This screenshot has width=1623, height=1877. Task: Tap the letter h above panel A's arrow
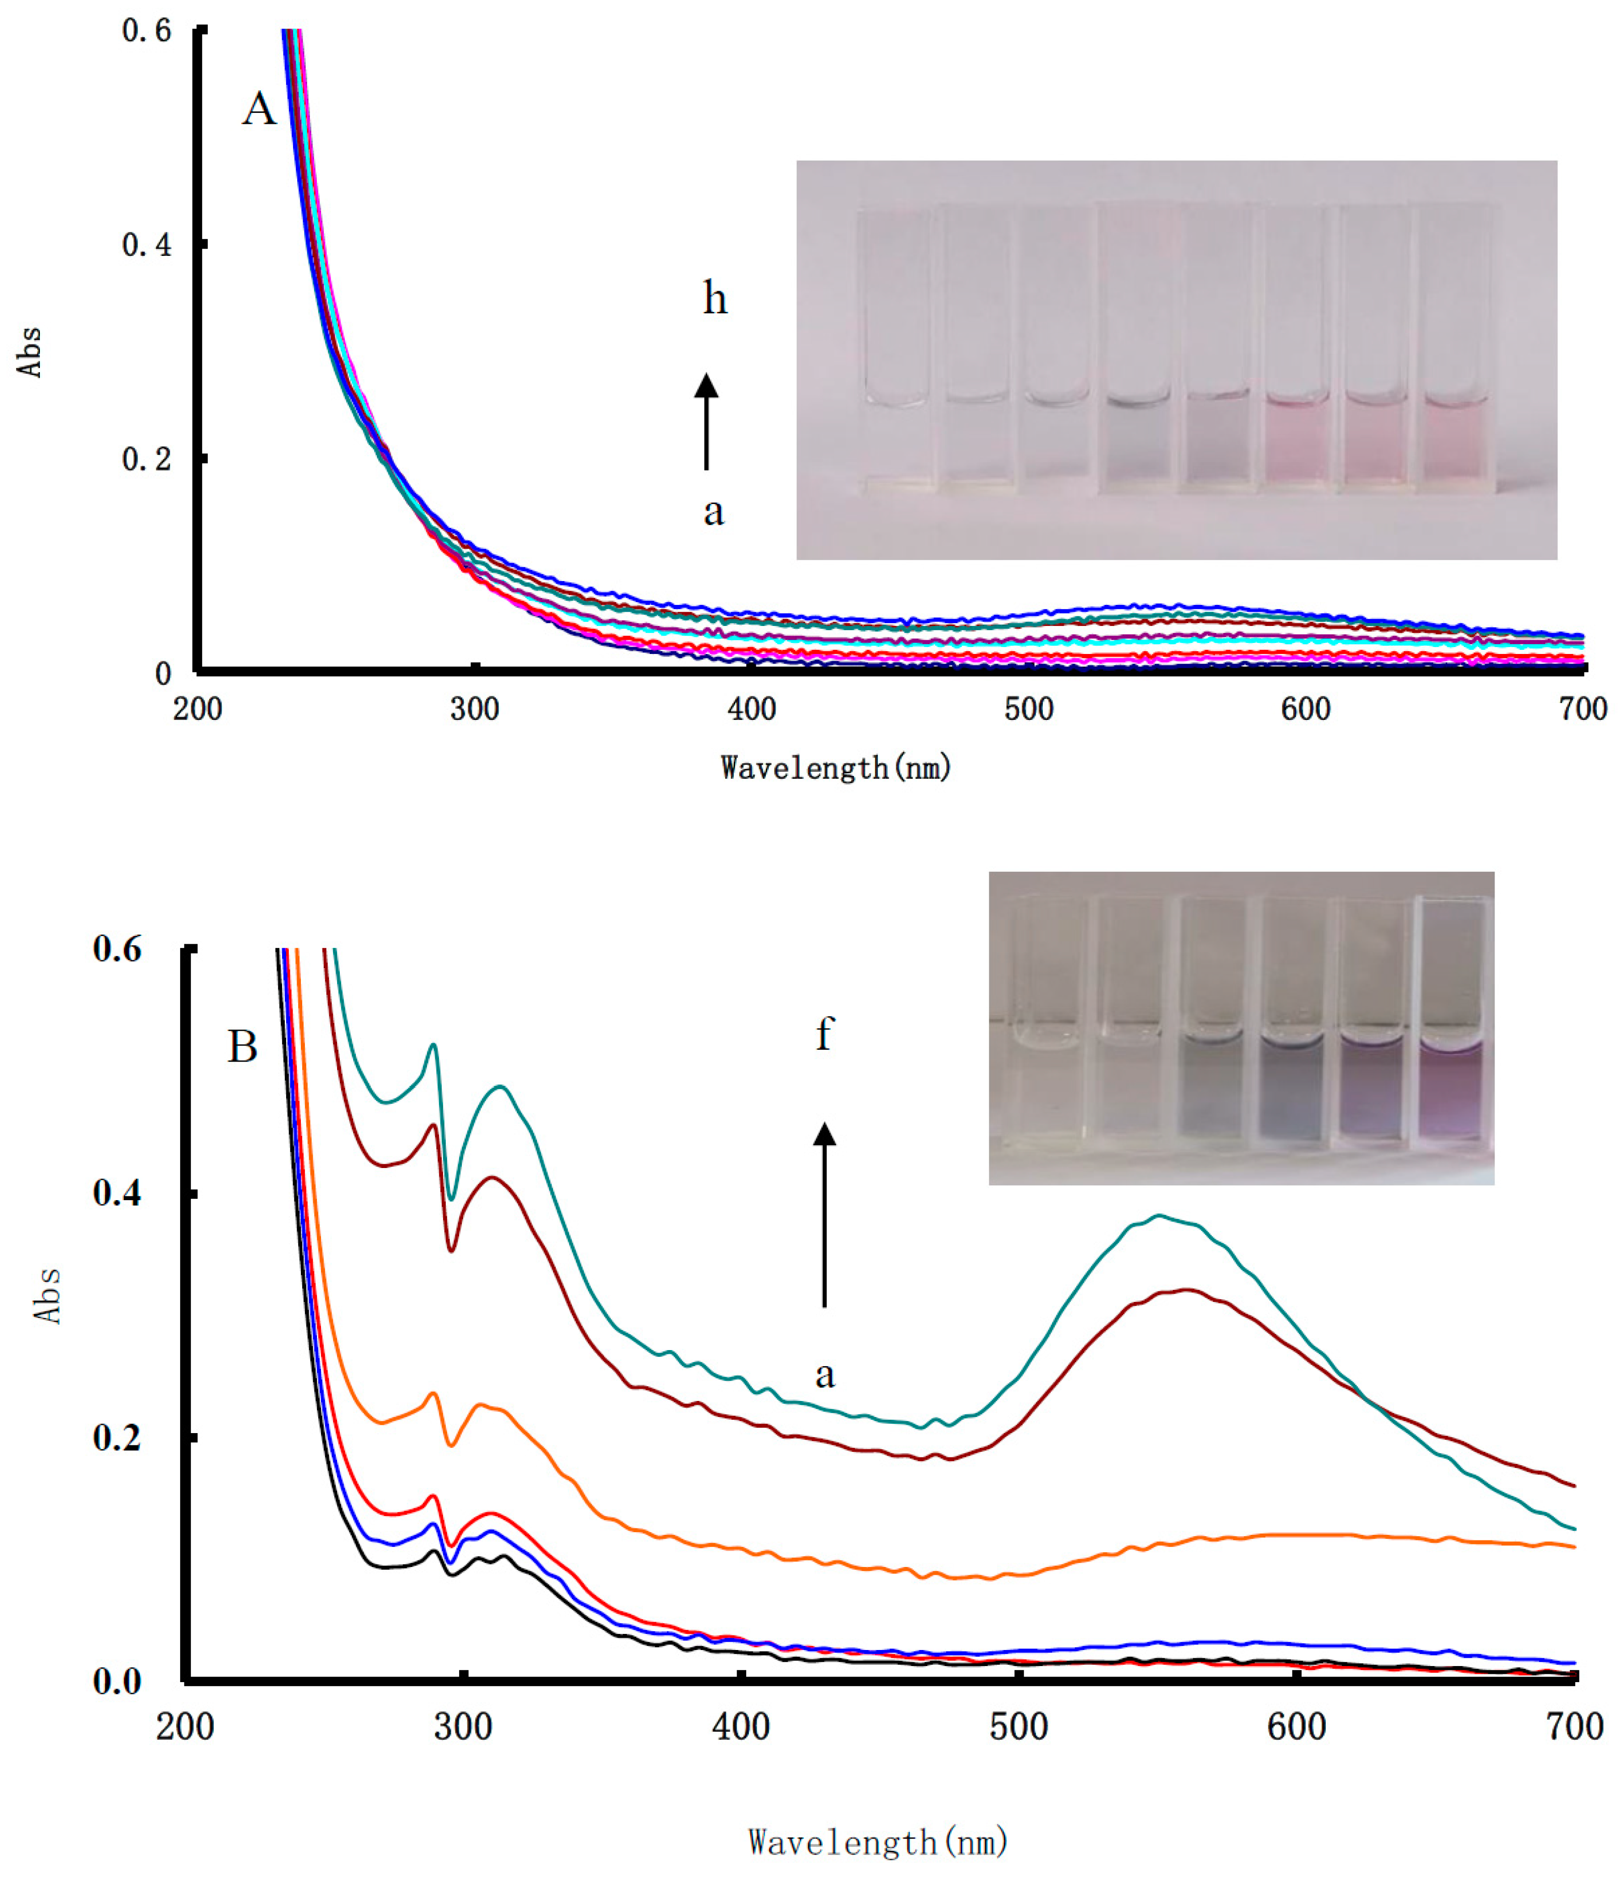(715, 298)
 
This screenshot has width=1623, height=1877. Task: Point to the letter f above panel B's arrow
(823, 1034)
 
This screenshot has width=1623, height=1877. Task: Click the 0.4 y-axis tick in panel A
(147, 244)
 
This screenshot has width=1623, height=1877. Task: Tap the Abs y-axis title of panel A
(30, 351)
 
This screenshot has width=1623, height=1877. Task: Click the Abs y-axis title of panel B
(48, 1296)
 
